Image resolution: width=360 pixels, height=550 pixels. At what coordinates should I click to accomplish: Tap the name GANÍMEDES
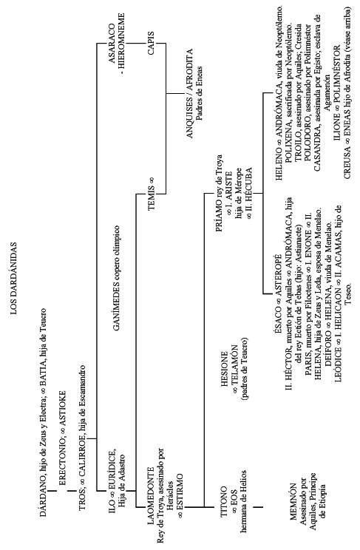point(118,317)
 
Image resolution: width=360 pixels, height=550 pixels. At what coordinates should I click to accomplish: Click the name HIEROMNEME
point(121,41)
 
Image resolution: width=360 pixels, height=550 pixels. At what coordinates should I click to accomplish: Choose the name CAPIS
point(152,44)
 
